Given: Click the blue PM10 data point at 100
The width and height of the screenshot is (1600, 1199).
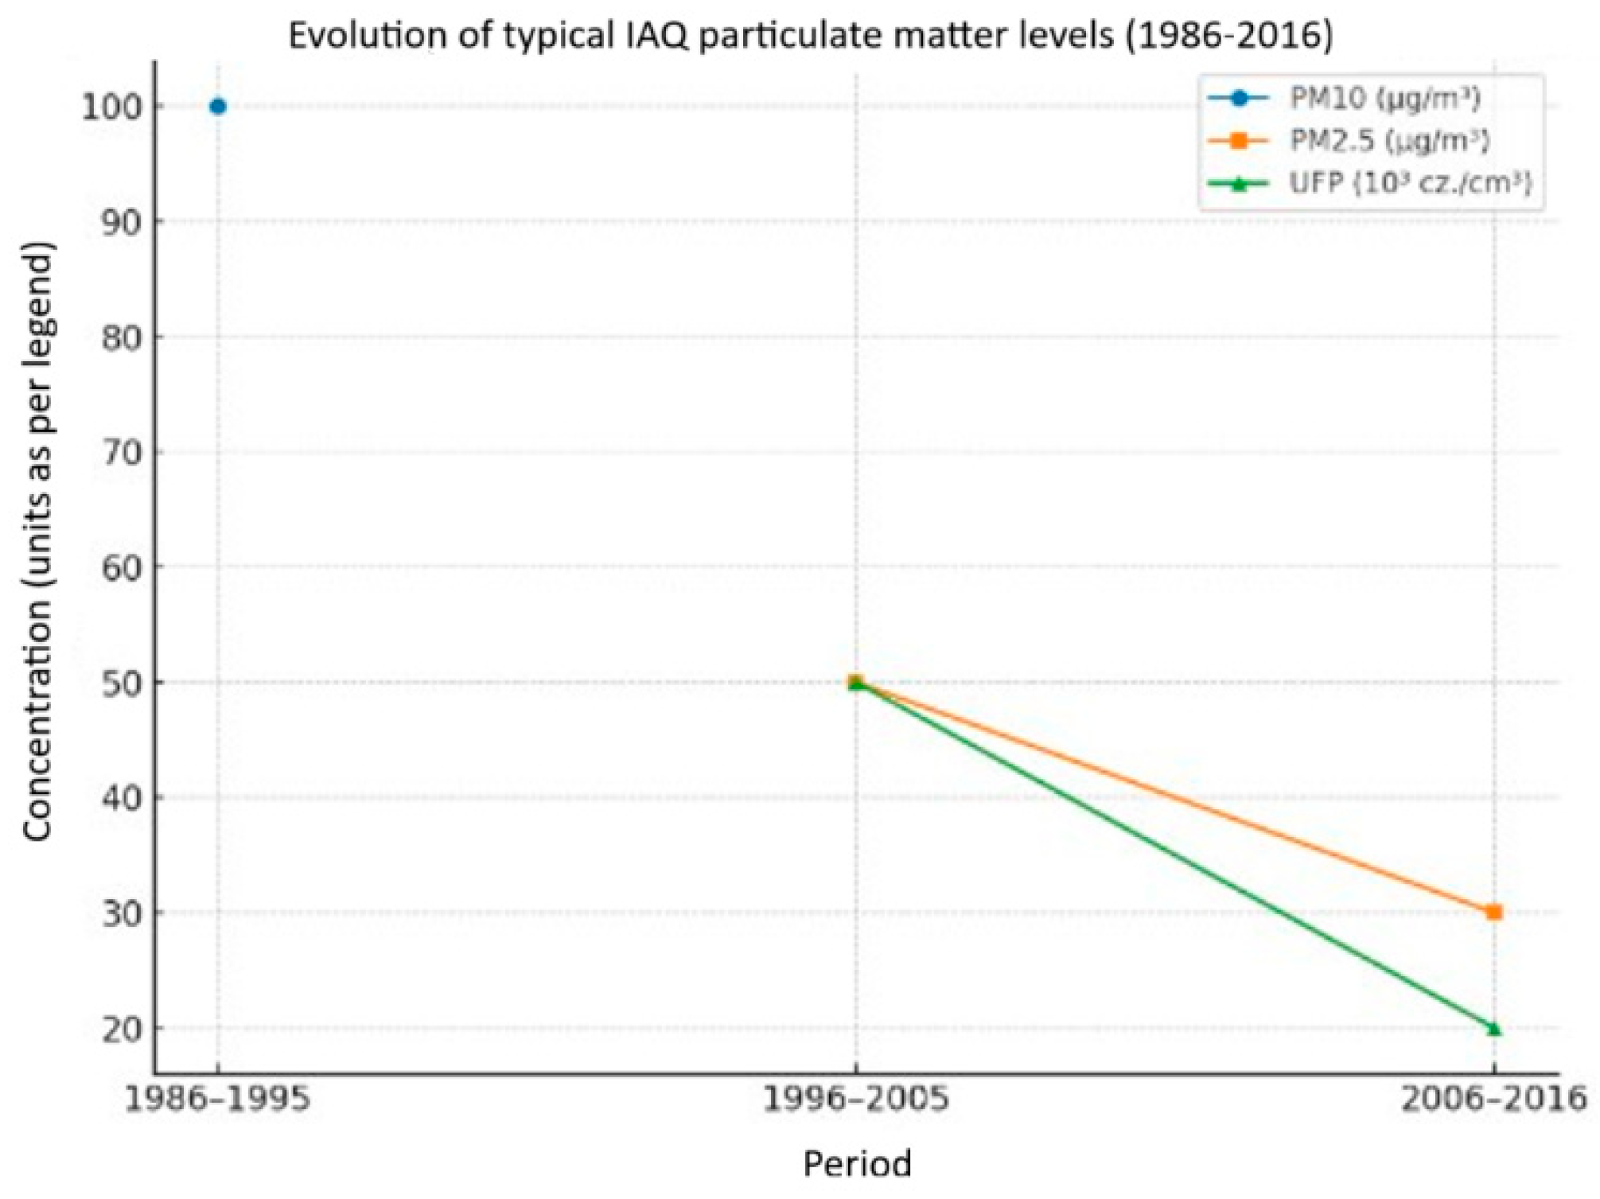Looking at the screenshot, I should click(217, 107).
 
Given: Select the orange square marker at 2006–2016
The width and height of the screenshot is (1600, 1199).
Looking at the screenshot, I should click(1493, 912).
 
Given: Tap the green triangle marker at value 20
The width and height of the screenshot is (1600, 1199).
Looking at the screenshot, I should click(1493, 1028).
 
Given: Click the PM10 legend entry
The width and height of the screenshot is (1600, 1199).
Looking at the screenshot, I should click(1384, 99).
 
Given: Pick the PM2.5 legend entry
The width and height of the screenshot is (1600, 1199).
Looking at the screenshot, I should click(1388, 141).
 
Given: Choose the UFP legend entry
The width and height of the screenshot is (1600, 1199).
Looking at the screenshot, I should click(1408, 183).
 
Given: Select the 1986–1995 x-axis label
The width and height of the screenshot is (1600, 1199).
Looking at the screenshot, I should click(217, 1100).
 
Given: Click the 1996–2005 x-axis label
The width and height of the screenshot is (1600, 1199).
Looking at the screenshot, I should click(856, 1100).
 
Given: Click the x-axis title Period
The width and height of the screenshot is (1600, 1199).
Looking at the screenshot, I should click(857, 1164).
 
